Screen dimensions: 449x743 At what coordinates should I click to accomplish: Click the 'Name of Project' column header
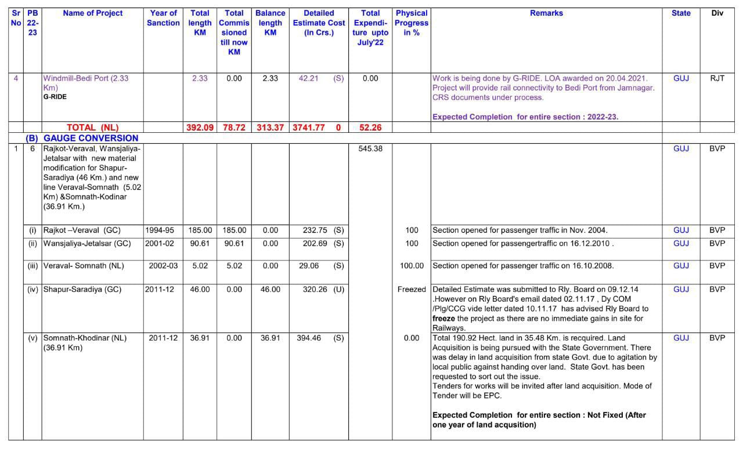tap(93, 13)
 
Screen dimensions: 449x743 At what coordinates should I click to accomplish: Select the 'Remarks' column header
tap(546, 13)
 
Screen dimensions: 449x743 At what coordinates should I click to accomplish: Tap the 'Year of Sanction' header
tap(163, 18)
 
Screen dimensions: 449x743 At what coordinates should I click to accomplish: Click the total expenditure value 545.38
tap(370, 149)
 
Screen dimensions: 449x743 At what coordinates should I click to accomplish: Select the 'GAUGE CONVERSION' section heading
tap(91, 138)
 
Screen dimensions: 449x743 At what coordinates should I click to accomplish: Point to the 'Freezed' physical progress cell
tap(412, 289)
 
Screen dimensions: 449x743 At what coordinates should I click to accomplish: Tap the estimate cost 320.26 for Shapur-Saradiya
tap(315, 289)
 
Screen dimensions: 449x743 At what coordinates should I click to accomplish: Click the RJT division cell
tap(717, 78)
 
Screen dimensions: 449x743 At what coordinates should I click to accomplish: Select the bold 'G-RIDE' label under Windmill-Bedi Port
tap(55, 97)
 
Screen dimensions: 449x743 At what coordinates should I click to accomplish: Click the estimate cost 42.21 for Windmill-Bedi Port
tap(308, 78)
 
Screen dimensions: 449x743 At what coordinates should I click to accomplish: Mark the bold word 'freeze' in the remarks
tap(443, 318)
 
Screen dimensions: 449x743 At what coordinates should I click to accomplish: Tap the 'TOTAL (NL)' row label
tap(92, 128)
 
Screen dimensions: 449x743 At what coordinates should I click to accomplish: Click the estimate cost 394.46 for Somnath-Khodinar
tap(309, 338)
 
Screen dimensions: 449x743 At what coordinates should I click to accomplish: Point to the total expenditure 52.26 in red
tap(370, 128)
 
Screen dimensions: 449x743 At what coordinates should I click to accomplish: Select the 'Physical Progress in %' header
tap(412, 23)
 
